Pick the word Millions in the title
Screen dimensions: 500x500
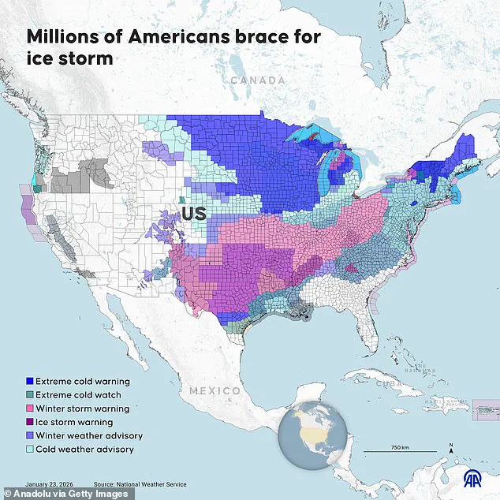(66, 36)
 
